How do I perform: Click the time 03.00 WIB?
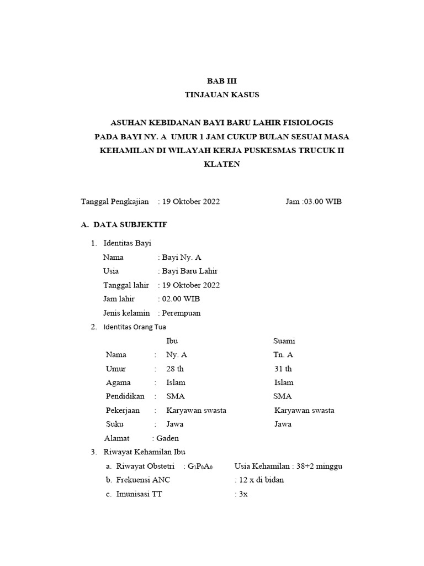(x=322, y=201)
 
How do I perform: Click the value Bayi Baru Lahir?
(x=189, y=271)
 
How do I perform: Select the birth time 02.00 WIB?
(x=181, y=298)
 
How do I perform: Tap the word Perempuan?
(x=181, y=313)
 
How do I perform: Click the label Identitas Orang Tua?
(x=135, y=327)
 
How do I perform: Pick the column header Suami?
(x=284, y=341)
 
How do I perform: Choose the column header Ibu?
(x=172, y=341)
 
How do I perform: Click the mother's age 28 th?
(x=174, y=369)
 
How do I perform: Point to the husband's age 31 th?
(x=283, y=369)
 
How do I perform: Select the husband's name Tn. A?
(x=283, y=355)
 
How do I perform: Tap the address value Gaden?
(x=168, y=438)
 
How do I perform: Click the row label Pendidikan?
(x=125, y=396)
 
